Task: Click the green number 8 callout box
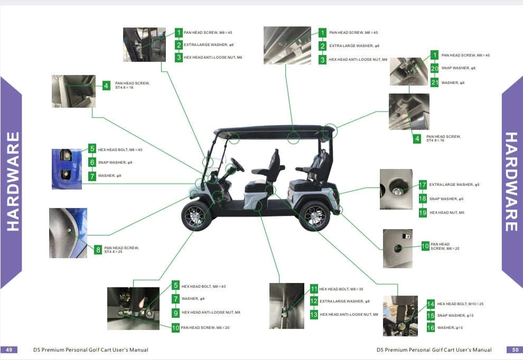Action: pos(98,250)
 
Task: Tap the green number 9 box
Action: pos(175,312)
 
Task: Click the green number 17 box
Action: pos(423,185)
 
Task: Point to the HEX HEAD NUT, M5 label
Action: pos(447,213)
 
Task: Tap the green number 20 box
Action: pos(434,68)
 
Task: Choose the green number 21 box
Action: pos(434,82)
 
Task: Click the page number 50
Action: pos(515,349)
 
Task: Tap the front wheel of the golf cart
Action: pos(197,215)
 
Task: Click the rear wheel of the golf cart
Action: pos(314,215)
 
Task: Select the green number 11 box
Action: pos(314,289)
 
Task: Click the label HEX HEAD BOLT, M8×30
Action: pos(341,289)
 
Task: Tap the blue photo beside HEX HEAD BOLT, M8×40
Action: pos(67,169)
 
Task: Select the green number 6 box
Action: pos(92,163)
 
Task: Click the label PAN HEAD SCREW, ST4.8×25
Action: pos(122,250)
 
